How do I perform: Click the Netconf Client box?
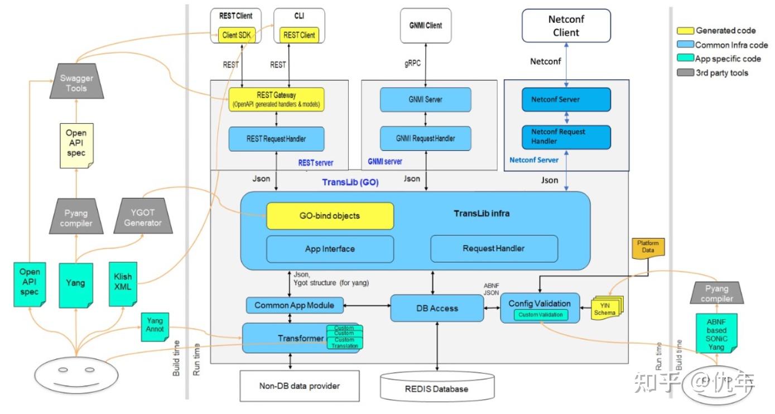coord(566,26)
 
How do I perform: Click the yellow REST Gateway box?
coord(276,99)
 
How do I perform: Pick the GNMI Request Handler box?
coord(425,138)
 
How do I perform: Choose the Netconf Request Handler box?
coord(566,137)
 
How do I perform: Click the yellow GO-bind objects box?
coord(330,216)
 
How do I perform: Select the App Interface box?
coord(330,249)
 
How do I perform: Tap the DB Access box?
coord(436,308)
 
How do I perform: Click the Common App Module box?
coord(294,305)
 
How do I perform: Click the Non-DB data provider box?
coord(299,386)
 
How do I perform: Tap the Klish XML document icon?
coord(123,283)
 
